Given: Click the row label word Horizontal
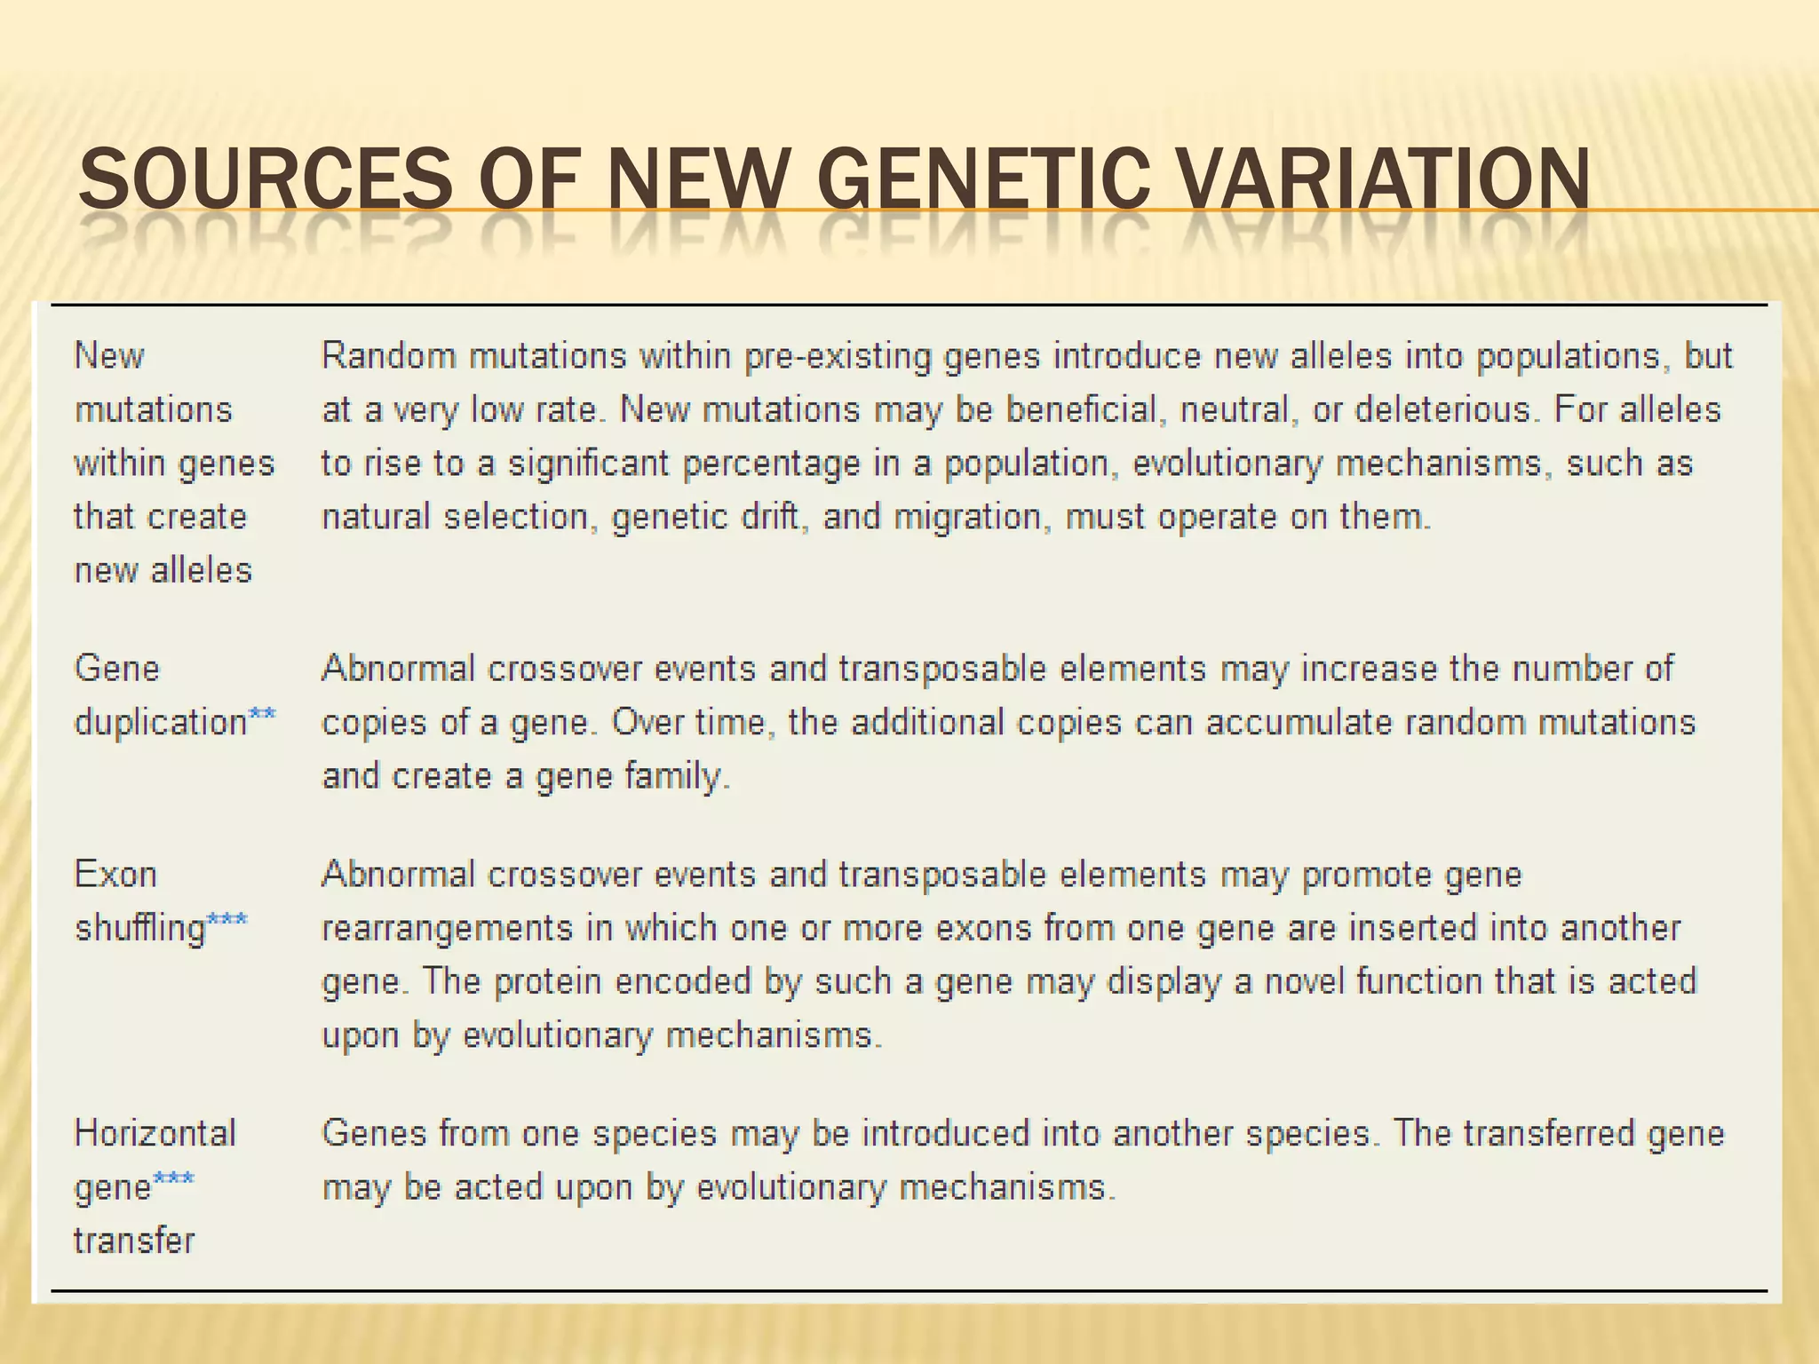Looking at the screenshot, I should point(155,1133).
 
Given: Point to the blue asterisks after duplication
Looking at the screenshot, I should point(263,714).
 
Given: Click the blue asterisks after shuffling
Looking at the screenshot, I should point(227,920).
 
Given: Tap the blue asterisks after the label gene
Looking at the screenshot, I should point(174,1178).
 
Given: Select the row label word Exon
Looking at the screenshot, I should point(115,875).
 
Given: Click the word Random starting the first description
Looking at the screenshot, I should point(388,356).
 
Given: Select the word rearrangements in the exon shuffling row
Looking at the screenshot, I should point(447,929).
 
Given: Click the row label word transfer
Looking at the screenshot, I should point(134,1241).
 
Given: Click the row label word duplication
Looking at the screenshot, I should point(161,723).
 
